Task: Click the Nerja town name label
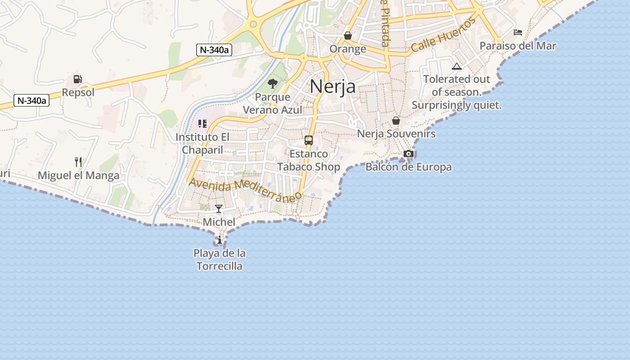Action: (x=333, y=87)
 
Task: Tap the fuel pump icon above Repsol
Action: (x=78, y=79)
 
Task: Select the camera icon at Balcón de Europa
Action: (x=409, y=153)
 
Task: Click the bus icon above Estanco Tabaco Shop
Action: (x=309, y=140)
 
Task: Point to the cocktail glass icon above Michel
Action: (x=219, y=208)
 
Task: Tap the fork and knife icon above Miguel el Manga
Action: (x=78, y=162)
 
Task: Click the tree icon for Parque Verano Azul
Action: (x=272, y=83)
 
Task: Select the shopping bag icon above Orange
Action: (x=348, y=35)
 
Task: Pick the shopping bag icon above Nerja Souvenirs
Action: (x=396, y=121)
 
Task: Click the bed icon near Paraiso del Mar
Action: (x=518, y=32)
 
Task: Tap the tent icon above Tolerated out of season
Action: (x=457, y=67)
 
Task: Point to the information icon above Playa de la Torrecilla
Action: (x=220, y=240)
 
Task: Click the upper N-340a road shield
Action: (x=214, y=50)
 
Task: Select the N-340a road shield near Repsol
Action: (x=31, y=100)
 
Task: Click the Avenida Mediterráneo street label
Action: (x=245, y=190)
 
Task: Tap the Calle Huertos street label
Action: (x=444, y=35)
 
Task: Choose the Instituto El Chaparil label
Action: (x=202, y=143)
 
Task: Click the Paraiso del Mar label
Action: (x=517, y=45)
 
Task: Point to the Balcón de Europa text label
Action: (x=409, y=167)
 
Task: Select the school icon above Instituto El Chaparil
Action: (x=202, y=123)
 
